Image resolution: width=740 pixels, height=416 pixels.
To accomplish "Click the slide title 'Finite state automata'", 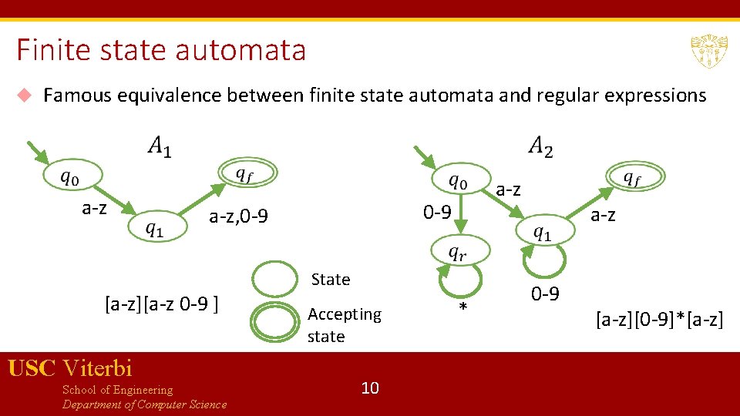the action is pos(161,51).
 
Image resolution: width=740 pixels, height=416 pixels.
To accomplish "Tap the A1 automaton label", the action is pos(160,146).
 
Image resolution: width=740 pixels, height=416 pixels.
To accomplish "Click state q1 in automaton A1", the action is pos(155,227).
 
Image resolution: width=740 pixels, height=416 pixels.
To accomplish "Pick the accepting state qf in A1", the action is pos(244,175).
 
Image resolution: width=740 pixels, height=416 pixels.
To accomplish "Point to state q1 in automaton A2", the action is pos(543,232).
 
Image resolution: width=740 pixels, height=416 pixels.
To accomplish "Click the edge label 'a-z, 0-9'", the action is pos(239,218).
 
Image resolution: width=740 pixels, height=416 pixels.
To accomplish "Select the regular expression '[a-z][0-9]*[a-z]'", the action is pos(659,318).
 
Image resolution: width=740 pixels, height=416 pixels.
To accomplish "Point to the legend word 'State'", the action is pos(331,280).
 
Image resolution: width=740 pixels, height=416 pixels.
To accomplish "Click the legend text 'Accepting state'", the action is pos(344,325).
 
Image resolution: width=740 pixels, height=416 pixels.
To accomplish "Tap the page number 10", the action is pos(370,387).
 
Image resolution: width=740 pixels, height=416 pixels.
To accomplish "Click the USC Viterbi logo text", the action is pos(70,368).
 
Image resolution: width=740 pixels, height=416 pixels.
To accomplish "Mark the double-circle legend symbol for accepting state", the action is pos(275,324).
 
